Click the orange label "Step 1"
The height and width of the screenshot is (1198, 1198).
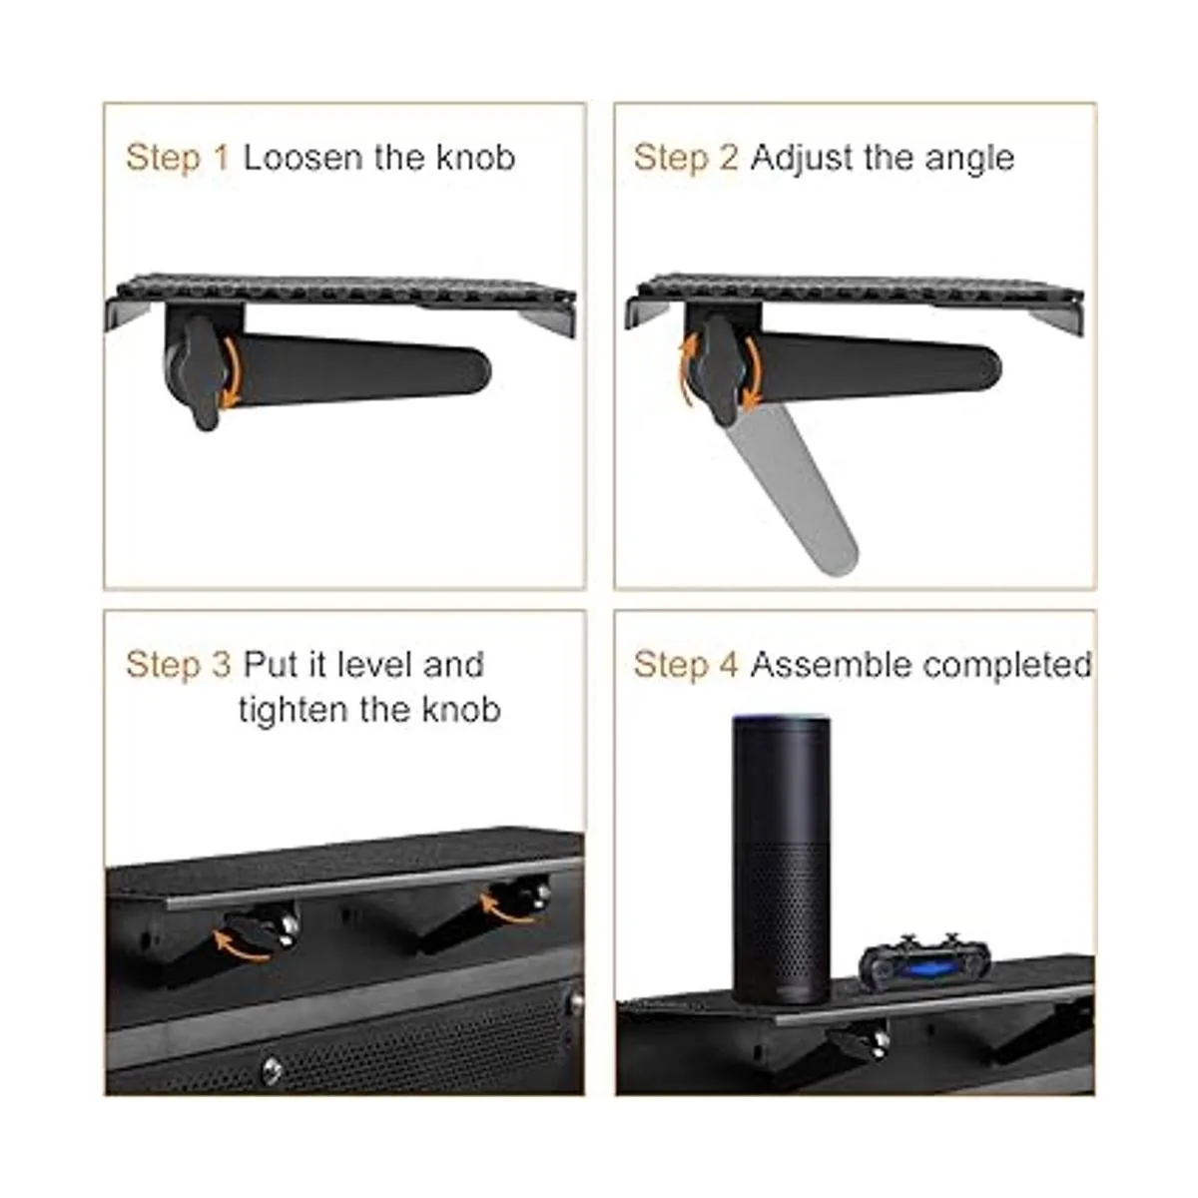[x=178, y=159]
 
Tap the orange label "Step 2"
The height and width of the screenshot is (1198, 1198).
[x=686, y=159]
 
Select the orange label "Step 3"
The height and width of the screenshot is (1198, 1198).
[x=178, y=665]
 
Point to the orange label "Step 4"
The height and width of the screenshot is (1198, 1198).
[x=686, y=665]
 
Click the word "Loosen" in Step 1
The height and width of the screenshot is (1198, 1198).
[x=302, y=158]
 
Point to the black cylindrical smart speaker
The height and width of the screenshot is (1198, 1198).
[x=781, y=860]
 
